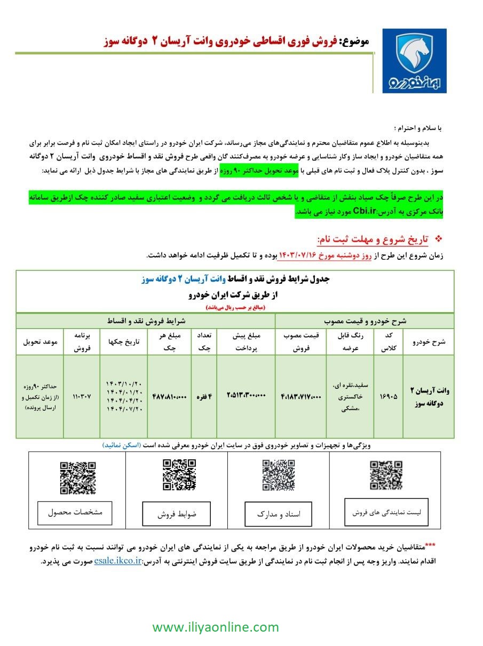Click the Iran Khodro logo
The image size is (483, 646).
(x=415, y=61)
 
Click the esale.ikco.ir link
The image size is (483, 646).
(x=117, y=561)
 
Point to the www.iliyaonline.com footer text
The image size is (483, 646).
(x=216, y=627)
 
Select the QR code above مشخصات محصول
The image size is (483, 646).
(x=78, y=478)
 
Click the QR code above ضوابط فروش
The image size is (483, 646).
(x=179, y=475)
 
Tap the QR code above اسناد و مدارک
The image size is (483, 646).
(x=278, y=475)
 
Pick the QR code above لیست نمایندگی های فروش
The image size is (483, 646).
(x=386, y=475)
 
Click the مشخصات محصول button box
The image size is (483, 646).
(x=75, y=513)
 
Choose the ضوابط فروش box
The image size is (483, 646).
(x=176, y=514)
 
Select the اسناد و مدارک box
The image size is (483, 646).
(x=278, y=514)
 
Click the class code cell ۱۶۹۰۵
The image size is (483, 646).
(x=388, y=397)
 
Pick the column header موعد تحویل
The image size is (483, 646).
(x=39, y=341)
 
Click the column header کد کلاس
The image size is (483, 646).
(x=389, y=341)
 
